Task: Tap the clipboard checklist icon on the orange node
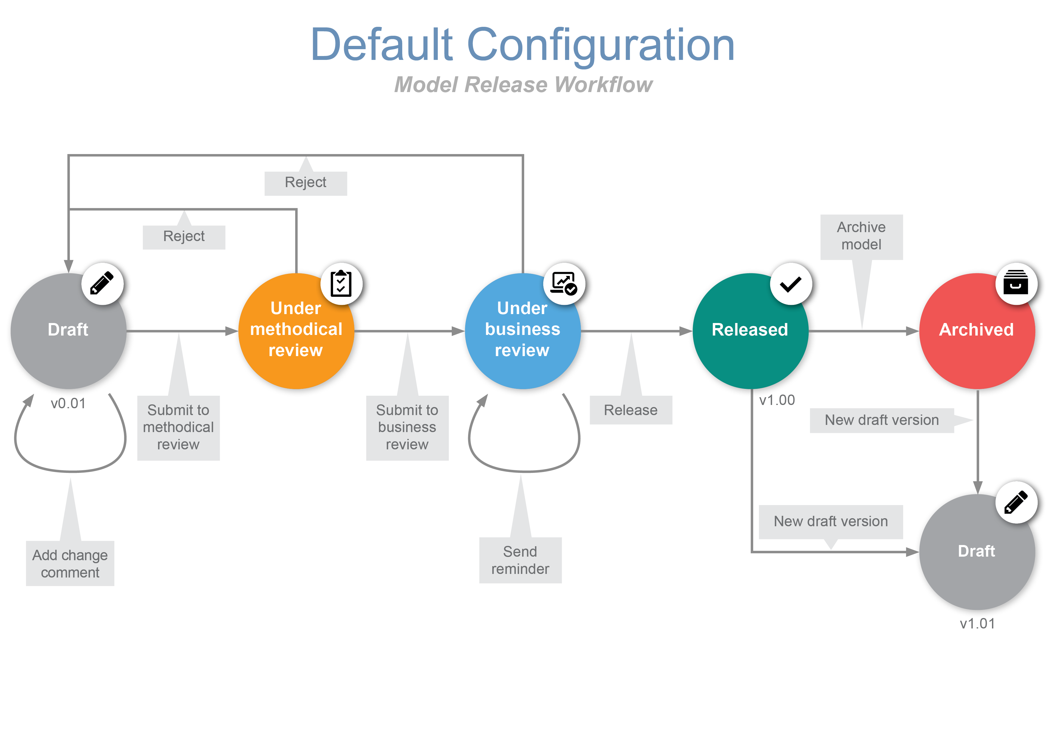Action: coord(341,284)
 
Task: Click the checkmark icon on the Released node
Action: coord(790,284)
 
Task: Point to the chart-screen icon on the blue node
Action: coord(564,284)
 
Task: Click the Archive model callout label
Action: coord(861,236)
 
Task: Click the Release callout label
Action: coord(631,410)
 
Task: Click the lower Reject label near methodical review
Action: coord(184,236)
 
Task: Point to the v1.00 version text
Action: coord(777,400)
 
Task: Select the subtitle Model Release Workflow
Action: coord(523,85)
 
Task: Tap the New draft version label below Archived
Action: coord(881,420)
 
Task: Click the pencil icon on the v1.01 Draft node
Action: coord(1016,502)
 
